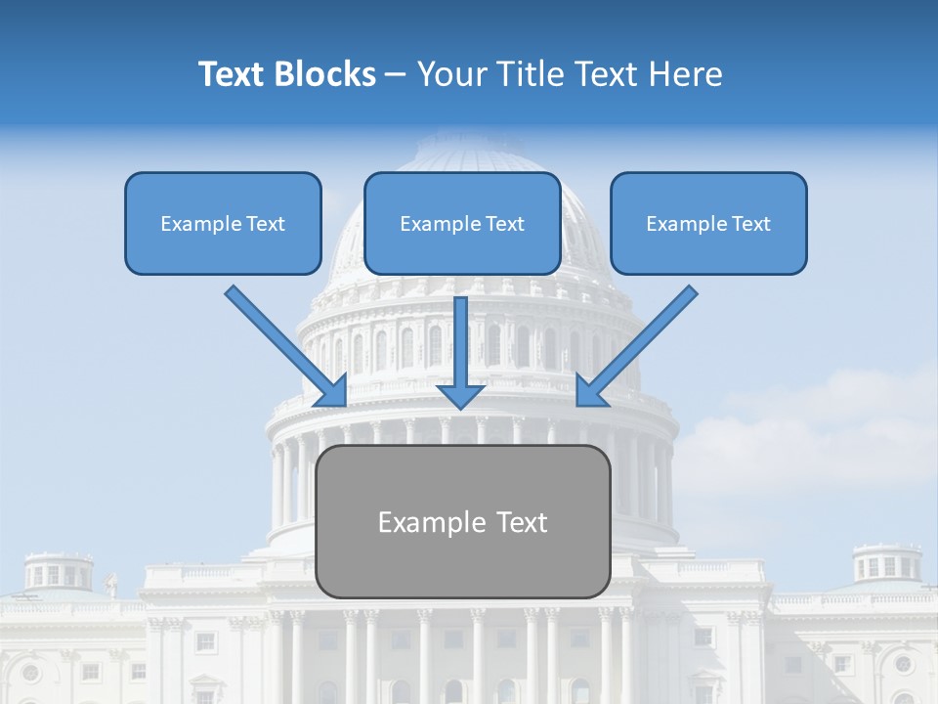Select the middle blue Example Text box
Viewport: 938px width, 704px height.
(x=462, y=248)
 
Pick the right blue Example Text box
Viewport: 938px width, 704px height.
(x=708, y=248)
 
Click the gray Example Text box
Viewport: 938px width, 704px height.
(x=462, y=562)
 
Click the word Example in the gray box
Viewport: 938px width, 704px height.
(x=430, y=523)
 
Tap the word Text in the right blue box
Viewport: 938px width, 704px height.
(x=751, y=224)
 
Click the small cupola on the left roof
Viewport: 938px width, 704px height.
(x=59, y=571)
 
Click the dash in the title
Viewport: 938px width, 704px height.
(x=396, y=75)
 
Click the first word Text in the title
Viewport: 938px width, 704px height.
(x=233, y=74)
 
